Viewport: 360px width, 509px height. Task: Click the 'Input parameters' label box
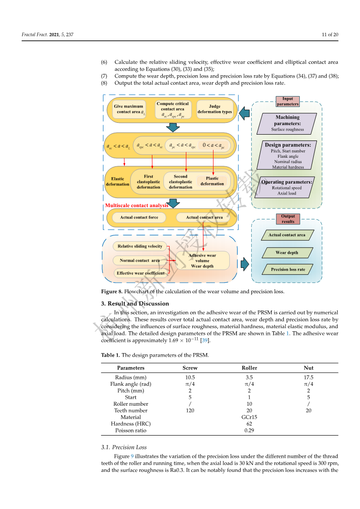287,102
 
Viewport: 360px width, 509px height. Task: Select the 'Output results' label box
288,219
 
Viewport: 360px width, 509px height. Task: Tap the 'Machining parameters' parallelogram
287,124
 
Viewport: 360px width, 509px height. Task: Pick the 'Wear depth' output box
287,252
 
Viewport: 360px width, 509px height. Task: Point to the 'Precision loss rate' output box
288,269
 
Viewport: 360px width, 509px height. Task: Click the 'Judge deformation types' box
214,109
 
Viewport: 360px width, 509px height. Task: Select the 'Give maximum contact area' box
129,109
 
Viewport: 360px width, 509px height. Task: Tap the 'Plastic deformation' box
212,181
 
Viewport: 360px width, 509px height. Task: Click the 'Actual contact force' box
139,218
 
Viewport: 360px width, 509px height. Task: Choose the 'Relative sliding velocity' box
140,247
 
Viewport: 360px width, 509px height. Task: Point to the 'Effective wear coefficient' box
141,273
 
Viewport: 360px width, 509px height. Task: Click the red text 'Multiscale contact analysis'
136,205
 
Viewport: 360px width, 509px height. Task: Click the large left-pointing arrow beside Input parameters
244,113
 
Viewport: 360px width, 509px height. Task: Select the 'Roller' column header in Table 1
249,368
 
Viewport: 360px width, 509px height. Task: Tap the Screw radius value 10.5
190,378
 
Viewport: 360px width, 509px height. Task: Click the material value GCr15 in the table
249,417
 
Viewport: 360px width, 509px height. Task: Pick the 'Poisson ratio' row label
131,431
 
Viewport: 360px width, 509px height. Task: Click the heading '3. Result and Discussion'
135,304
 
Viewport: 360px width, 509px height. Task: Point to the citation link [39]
205,340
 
